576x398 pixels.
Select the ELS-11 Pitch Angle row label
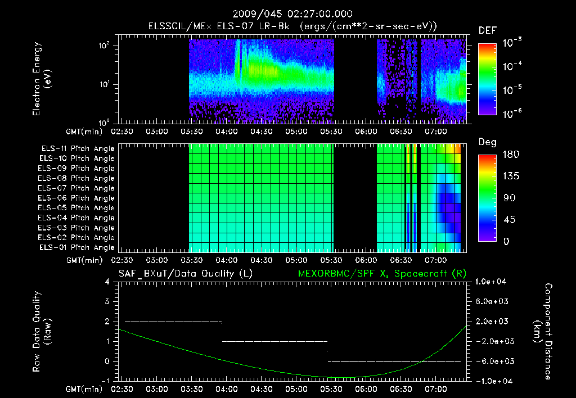[x=76, y=148]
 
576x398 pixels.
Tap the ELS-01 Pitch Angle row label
[x=76, y=247]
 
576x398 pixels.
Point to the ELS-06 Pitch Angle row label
[x=76, y=198]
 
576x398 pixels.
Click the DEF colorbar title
[x=487, y=30]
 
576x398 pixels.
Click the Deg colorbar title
[x=487, y=142]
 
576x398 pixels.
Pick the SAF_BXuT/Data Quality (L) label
[x=185, y=274]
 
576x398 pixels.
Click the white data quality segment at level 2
[x=173, y=322]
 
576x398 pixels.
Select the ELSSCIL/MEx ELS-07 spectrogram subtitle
[x=292, y=26]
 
